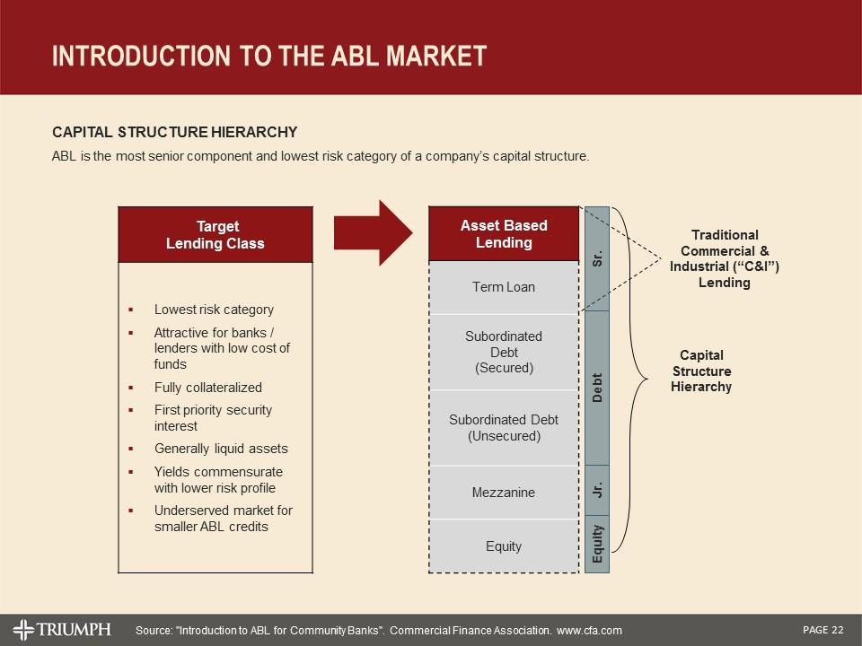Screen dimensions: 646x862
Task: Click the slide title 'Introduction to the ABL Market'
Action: tap(269, 56)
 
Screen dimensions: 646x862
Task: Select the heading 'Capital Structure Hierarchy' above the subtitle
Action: tap(174, 132)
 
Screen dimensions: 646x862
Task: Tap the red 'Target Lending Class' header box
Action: tap(215, 235)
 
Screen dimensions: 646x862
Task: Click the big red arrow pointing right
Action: tap(372, 233)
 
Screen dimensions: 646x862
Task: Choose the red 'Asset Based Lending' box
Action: tap(504, 234)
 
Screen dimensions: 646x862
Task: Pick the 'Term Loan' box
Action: tap(504, 287)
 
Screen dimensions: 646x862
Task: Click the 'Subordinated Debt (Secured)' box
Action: tap(504, 352)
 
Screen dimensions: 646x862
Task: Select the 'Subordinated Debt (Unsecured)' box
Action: tap(504, 428)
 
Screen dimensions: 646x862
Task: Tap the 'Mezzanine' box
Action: tap(504, 493)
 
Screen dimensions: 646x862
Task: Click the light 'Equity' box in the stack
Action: tap(504, 546)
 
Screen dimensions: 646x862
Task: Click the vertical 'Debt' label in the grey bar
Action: tap(597, 387)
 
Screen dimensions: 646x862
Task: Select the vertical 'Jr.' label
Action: tap(597, 491)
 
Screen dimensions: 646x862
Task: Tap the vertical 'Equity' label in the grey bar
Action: tap(597, 544)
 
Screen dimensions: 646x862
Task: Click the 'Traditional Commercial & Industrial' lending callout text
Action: tap(724, 258)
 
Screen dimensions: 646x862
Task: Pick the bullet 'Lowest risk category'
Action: tap(214, 310)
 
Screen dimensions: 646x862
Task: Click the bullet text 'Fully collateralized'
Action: tap(208, 388)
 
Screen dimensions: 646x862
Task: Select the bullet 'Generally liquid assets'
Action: tap(221, 449)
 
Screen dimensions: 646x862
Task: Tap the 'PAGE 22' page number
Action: tap(823, 630)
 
